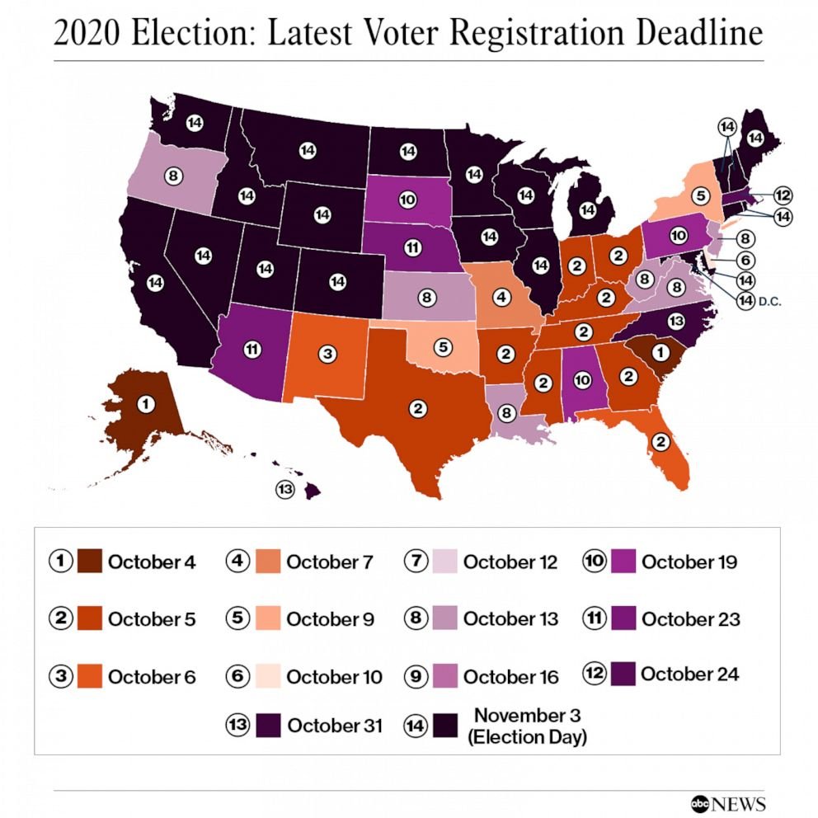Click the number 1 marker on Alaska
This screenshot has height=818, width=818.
tap(146, 405)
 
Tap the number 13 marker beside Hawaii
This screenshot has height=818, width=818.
tap(285, 489)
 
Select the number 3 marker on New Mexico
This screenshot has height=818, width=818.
tap(327, 354)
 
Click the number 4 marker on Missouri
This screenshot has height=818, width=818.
tap(500, 294)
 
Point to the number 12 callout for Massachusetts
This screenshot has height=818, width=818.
tap(783, 196)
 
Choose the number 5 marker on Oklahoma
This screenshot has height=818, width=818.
tap(443, 347)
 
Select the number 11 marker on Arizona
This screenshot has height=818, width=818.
tap(252, 349)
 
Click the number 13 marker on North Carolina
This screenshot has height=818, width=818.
tap(675, 321)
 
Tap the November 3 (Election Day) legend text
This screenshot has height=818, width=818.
tap(527, 725)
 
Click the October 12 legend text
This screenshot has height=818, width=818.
tap(510, 562)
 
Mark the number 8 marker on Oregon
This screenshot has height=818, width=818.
tap(172, 175)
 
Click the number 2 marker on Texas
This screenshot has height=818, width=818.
tap(419, 407)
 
